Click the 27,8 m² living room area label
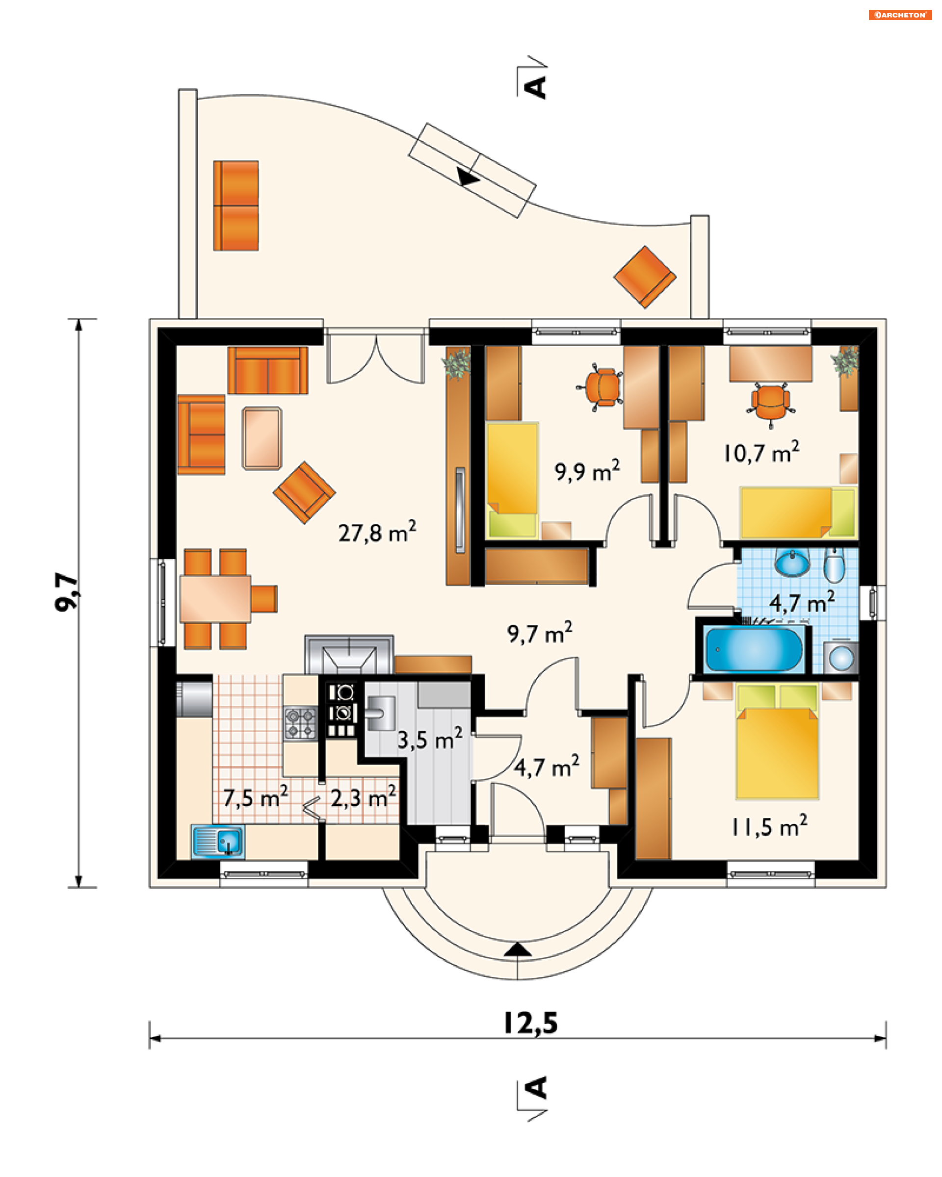(x=377, y=532)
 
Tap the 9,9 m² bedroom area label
(x=587, y=471)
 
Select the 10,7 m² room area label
(x=761, y=452)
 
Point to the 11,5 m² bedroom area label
(x=769, y=826)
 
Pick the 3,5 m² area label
(x=430, y=739)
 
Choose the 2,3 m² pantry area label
(x=363, y=797)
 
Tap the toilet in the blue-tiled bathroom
(x=834, y=566)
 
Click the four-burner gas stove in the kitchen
(x=300, y=723)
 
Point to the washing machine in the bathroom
(x=840, y=658)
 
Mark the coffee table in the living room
(x=262, y=438)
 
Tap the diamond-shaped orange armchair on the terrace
(x=645, y=277)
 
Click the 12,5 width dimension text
(x=530, y=1023)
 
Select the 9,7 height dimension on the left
(x=67, y=592)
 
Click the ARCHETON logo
(x=900, y=15)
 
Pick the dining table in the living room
(x=215, y=598)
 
